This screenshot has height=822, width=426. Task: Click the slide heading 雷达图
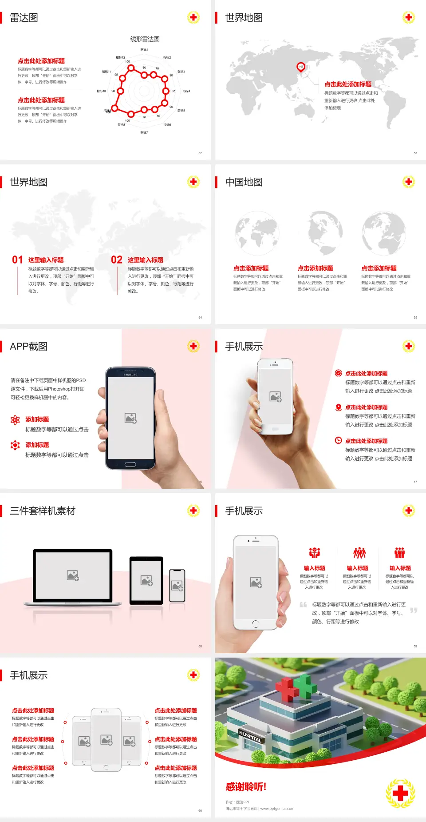coord(24,18)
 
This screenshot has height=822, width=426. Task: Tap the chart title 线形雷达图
coord(145,39)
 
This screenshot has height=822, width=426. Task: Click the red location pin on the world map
coord(300,67)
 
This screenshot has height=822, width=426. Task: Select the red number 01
coord(17,260)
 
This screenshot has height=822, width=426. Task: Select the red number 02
coord(117,260)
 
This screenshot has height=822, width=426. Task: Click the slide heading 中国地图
coord(244,182)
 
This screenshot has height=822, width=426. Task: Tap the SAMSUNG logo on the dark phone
coord(130,375)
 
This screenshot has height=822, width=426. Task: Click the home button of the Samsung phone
coord(130,464)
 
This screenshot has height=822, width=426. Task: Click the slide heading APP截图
coord(29,347)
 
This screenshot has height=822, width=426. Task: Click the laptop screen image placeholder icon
coord(73,575)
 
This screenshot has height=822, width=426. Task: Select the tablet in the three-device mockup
coord(146,580)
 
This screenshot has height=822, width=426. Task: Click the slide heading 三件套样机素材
coord(43,511)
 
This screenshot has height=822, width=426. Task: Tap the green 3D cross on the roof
coord(306,686)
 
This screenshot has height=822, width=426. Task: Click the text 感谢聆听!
coord(246,787)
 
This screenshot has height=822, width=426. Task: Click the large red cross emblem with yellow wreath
coord(400,793)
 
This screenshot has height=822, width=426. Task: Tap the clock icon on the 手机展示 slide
coord(338,440)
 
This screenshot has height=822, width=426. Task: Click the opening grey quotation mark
coord(303,605)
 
